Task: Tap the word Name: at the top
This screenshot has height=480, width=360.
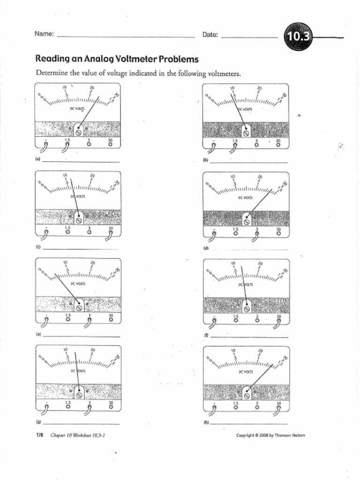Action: pos(44,34)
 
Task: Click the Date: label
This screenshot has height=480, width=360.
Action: pos(210,35)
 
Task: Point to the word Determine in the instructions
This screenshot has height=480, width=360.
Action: pos(52,73)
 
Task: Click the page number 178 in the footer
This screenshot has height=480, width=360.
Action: pos(40,435)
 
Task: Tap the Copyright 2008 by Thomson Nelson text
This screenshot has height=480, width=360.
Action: pos(270,435)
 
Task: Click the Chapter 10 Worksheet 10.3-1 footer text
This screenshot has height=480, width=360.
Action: pos(77,435)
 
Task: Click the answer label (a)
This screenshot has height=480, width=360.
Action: pos(37,159)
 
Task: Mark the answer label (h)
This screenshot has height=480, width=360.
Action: pos(206,422)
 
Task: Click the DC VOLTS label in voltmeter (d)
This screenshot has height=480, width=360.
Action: pos(246,198)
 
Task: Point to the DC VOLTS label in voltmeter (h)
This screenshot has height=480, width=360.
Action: pos(246,372)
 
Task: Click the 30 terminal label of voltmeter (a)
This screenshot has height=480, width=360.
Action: pos(111,140)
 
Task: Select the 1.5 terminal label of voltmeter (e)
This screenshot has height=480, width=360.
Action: pos(68,315)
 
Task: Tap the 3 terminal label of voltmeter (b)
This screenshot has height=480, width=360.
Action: pos(256,140)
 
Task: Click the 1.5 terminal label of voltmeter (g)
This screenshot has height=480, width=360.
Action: pos(68,403)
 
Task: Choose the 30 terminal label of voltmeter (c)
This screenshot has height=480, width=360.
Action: pos(111,228)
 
